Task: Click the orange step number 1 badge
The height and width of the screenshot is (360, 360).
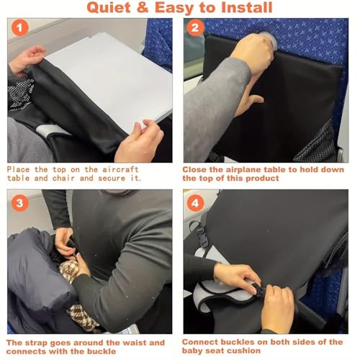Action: pos(20,27)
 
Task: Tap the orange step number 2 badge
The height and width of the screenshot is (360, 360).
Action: pos(195,27)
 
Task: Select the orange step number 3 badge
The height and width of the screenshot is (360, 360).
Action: pos(20,203)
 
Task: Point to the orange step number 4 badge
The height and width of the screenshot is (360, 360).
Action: pos(195,203)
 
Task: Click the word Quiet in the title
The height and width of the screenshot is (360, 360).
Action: pos(109,8)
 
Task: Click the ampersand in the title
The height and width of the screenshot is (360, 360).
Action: pos(143,7)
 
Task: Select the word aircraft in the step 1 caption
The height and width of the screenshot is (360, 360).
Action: pos(121,169)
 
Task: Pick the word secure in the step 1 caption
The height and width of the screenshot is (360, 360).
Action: pos(112,179)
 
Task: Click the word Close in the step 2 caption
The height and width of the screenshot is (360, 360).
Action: pos(194,169)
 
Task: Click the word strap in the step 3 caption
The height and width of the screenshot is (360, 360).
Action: pos(36,343)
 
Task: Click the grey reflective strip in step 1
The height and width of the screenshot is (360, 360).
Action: pos(49,131)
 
